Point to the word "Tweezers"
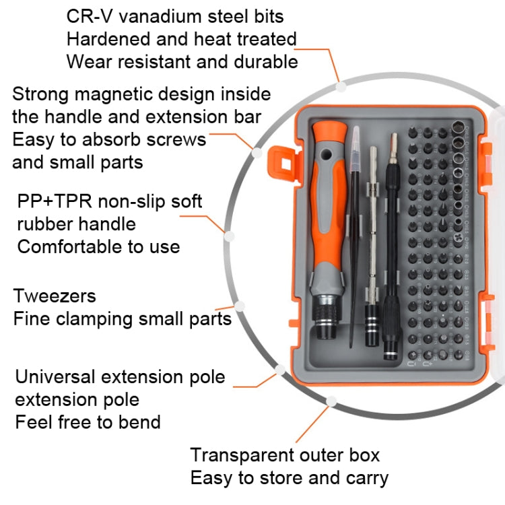(x=55, y=296)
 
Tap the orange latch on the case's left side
(x=280, y=159)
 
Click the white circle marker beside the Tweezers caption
(x=240, y=306)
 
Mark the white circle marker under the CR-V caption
(x=341, y=86)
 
